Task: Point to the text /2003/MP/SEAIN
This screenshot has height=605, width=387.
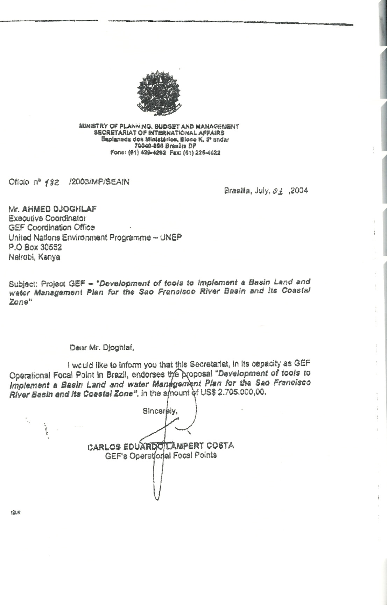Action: click(99, 182)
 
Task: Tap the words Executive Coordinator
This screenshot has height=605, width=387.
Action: click(47, 218)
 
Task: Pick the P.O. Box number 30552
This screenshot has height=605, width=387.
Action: click(49, 247)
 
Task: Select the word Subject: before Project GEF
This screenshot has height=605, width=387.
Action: click(23, 284)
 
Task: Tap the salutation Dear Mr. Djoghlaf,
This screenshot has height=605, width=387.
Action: click(102, 348)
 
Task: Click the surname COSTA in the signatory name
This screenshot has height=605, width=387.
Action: click(220, 446)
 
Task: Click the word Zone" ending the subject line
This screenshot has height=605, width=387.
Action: click(18, 302)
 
